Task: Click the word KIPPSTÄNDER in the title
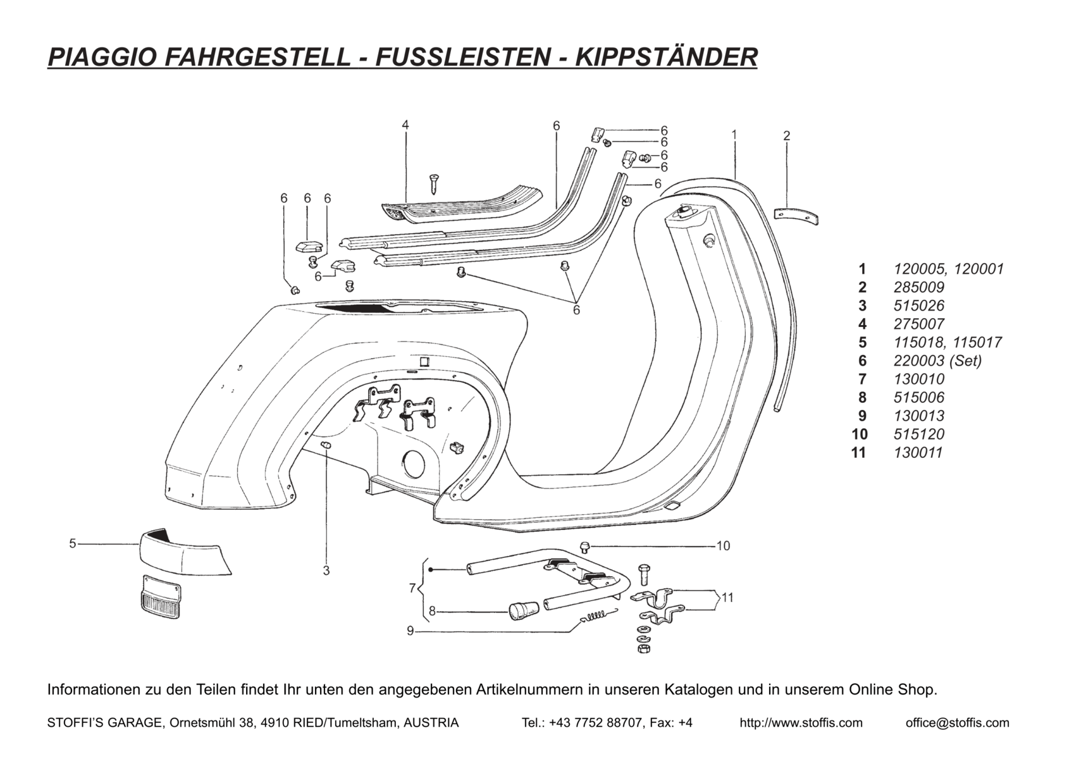point(658,56)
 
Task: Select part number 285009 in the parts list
point(919,287)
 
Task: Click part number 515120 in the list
point(919,434)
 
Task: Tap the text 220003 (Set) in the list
point(937,361)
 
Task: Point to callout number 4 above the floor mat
point(405,125)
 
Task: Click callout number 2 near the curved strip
point(786,135)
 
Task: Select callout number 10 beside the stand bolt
point(723,545)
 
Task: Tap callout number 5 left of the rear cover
point(73,543)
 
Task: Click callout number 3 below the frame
point(326,571)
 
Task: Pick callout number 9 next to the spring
point(410,631)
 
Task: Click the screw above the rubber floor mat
point(434,183)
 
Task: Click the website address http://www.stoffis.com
point(801,722)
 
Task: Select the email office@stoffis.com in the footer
point(957,722)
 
